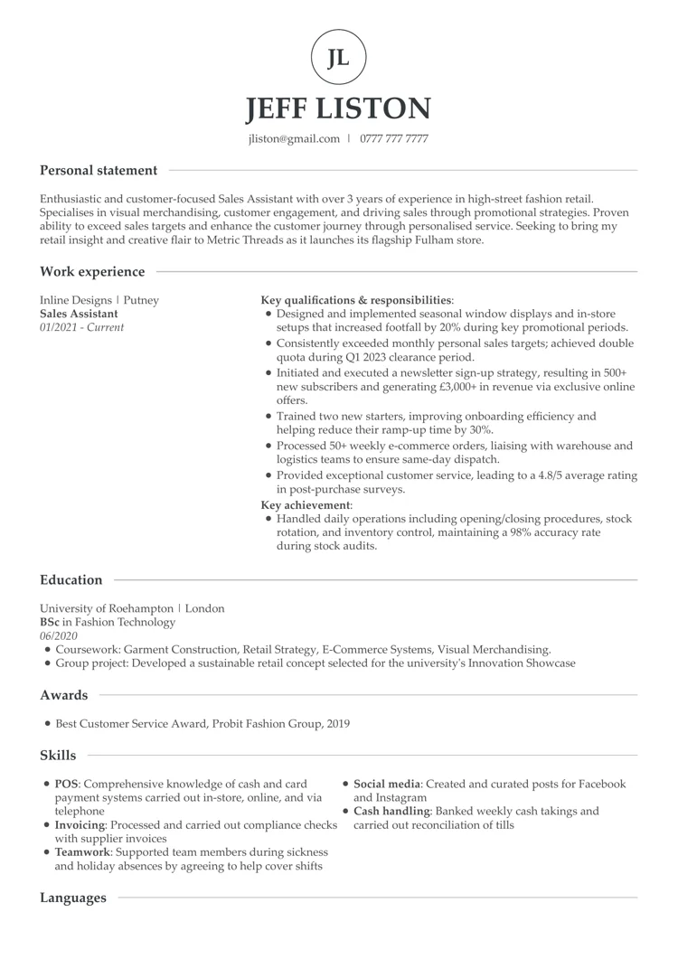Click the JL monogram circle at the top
(338, 58)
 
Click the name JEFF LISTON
(339, 108)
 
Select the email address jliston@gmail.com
(294, 139)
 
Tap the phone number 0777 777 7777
(394, 139)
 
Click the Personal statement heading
(99, 170)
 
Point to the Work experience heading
(92, 271)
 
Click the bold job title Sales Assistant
(79, 314)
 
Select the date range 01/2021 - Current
(82, 327)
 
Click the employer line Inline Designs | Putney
(99, 300)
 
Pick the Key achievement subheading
(306, 504)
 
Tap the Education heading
(71, 580)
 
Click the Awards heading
(64, 695)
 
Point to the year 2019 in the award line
(336, 724)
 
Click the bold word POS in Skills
(66, 785)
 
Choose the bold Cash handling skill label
(391, 812)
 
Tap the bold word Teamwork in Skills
(83, 852)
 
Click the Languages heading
(73, 898)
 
